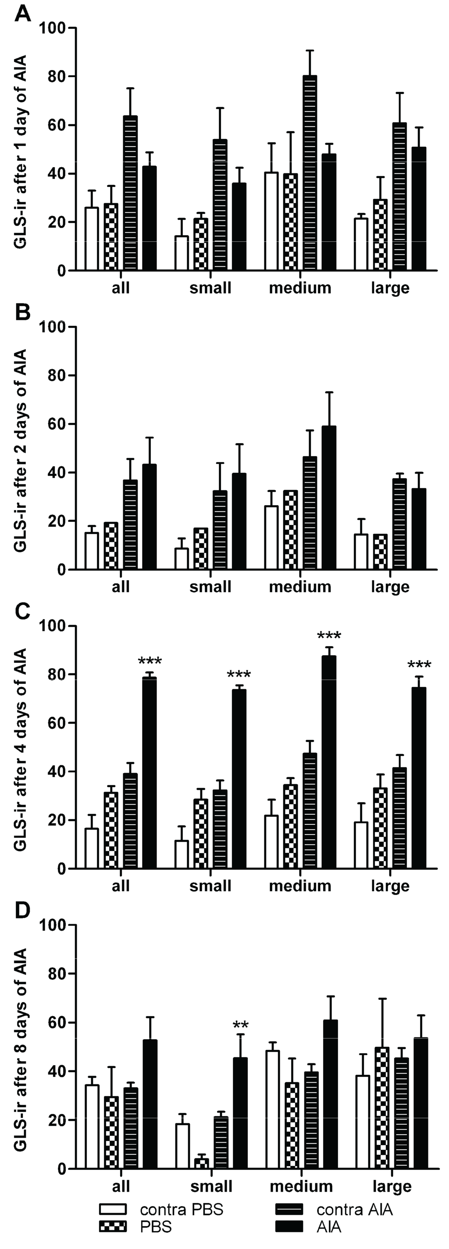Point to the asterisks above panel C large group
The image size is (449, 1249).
click(x=419, y=665)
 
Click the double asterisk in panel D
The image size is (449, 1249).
click(x=241, y=1025)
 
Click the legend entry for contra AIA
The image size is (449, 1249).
click(x=335, y=1209)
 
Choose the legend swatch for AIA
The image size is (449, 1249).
click(x=289, y=1227)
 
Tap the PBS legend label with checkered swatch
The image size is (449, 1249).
click(x=155, y=1227)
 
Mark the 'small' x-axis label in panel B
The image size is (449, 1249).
click(x=210, y=587)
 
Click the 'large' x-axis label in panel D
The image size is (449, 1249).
click(x=392, y=1186)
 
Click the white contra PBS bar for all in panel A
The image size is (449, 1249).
click(x=92, y=239)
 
